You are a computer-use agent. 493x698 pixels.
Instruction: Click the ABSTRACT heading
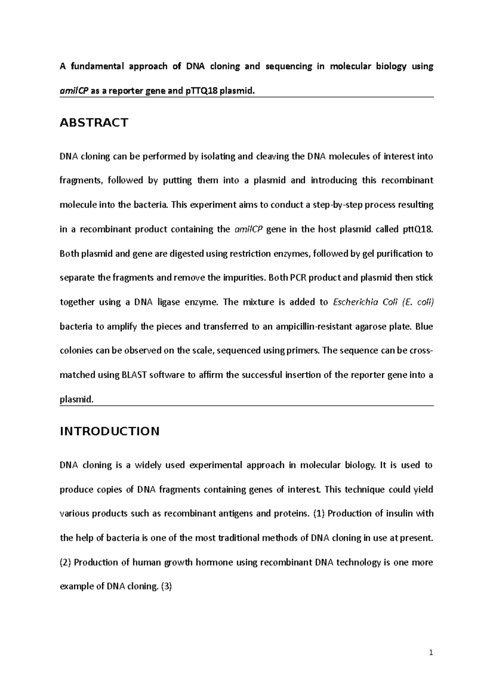94,122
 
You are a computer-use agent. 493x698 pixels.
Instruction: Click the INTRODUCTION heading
109,431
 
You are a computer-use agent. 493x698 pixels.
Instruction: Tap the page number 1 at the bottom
431,652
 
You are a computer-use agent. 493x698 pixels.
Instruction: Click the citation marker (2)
66,562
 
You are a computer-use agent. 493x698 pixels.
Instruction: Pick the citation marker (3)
166,586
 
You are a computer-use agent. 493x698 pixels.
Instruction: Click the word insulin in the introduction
400,513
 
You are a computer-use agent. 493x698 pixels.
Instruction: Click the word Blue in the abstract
424,326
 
